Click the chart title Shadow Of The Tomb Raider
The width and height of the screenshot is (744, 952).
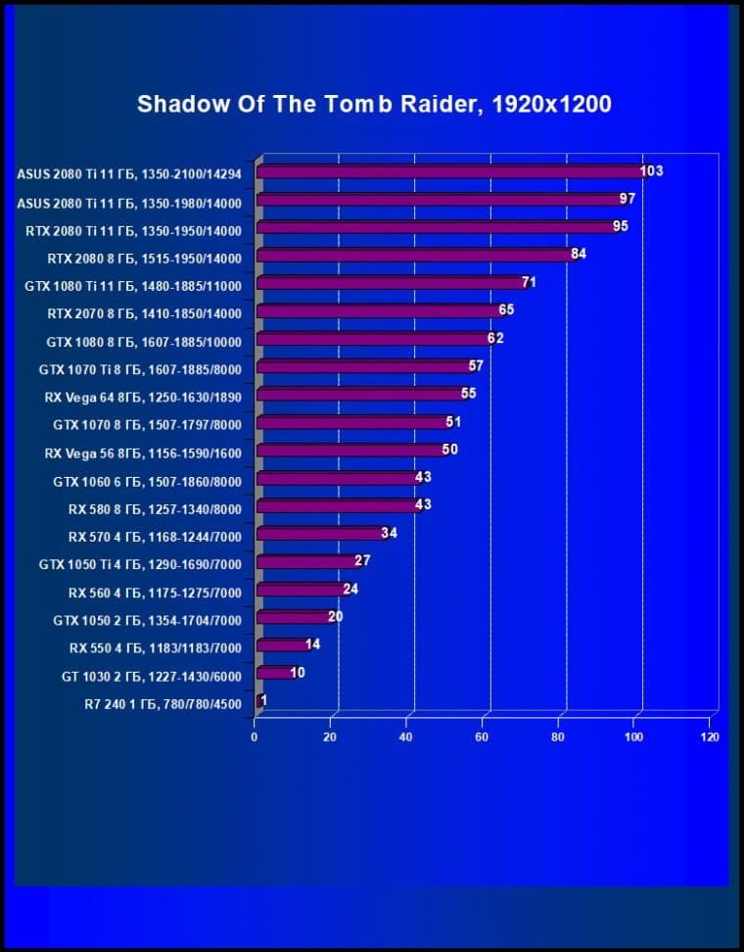[x=374, y=104]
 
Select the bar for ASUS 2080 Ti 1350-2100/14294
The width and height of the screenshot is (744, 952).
[x=450, y=172]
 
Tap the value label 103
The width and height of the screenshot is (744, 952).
[x=652, y=171]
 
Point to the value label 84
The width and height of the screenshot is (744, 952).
[x=579, y=255]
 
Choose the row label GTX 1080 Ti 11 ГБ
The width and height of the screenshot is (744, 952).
[x=140, y=286]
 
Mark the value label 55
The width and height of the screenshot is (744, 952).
[x=468, y=394]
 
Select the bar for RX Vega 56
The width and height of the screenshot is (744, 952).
[x=349, y=451]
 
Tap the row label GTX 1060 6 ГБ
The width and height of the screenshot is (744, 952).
[x=148, y=481]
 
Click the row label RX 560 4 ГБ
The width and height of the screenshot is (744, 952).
[x=155, y=593]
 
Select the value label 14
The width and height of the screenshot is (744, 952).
[x=313, y=644]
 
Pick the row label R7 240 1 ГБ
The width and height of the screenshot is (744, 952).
[x=163, y=703]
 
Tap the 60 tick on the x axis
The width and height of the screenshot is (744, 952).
[x=483, y=737]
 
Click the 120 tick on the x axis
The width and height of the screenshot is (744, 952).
[x=710, y=737]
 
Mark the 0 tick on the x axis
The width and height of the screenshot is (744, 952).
[x=255, y=737]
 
